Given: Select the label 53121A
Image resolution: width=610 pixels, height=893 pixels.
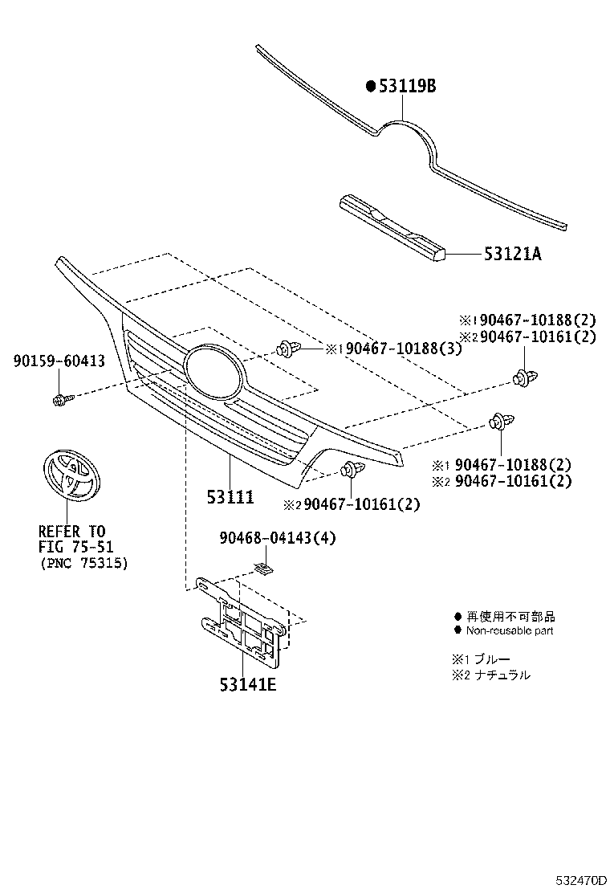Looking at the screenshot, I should tap(512, 255).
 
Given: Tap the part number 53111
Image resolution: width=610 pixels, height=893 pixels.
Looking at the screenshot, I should tap(230, 498).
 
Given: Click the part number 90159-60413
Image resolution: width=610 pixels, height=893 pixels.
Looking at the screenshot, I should tap(59, 362).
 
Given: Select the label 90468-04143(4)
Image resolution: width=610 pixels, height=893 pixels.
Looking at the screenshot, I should tap(277, 539).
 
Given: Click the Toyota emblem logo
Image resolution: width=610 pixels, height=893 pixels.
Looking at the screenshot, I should tap(68, 476).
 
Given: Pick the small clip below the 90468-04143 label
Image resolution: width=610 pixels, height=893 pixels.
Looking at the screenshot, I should tap(262, 569).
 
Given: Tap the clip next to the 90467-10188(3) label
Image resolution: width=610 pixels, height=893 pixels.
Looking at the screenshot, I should tap(287, 349).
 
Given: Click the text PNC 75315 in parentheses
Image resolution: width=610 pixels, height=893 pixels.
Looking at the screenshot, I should tap(83, 562).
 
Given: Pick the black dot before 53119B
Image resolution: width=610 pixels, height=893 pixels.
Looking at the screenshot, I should tap(371, 86).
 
